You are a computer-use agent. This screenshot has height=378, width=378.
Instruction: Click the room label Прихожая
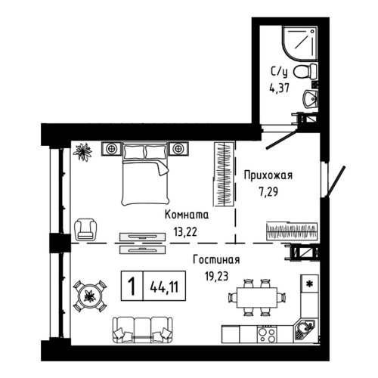pyautogui.click(x=268, y=176)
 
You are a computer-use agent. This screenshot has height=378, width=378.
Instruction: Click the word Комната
pyautogui.click(x=187, y=215)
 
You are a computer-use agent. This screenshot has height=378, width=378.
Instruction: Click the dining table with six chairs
pyautogui.click(x=255, y=295)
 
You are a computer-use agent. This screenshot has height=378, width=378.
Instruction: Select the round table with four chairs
pyautogui.click(x=88, y=293)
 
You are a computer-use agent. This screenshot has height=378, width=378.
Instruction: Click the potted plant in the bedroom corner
pyautogui.click(x=82, y=151)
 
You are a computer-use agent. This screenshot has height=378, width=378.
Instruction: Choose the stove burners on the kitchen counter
pyautogui.click(x=266, y=331)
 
